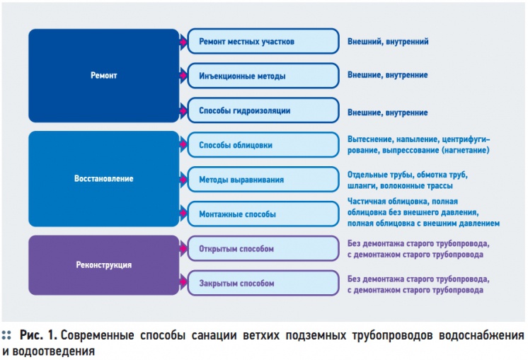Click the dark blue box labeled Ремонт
tap(104, 76)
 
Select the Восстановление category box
tap(104, 179)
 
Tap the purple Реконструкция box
tap(104, 265)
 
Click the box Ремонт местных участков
tap(263, 42)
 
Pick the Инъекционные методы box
tap(263, 76)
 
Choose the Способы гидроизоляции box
tap(263, 110)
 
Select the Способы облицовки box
tap(263, 145)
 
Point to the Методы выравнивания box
tap(263, 180)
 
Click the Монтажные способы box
tap(263, 214)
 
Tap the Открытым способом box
tap(263, 249)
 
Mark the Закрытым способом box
tap(263, 284)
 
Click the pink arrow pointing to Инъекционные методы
tap(183, 76)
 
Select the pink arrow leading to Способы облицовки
tap(183, 144)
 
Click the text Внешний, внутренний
tap(388, 42)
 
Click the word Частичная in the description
tap(366, 202)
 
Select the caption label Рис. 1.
tap(39, 335)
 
